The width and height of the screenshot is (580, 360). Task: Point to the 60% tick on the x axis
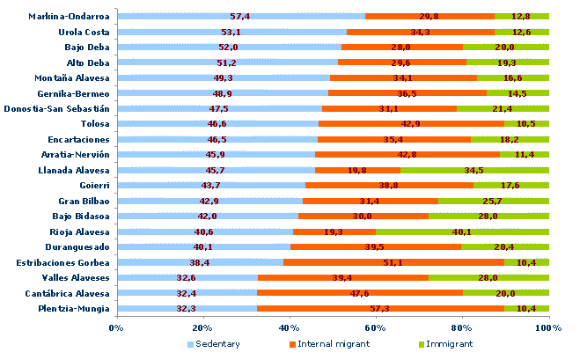tap(376, 328)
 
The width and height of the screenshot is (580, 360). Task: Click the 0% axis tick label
tap(116, 328)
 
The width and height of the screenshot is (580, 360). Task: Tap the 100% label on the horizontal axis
tap(548, 328)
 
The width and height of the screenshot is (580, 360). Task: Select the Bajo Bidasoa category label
tap(82, 216)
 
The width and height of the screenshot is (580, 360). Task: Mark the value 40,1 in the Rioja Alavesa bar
tap(462, 231)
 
